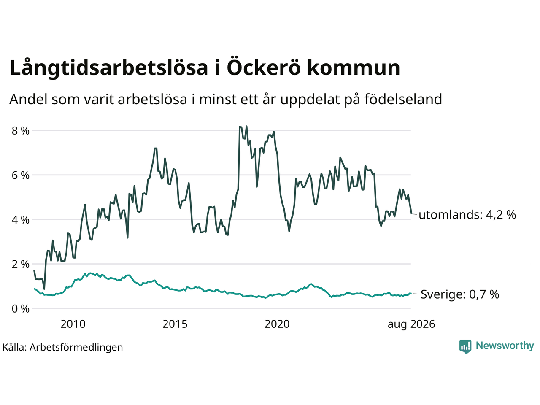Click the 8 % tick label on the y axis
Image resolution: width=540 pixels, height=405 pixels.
pos(20,131)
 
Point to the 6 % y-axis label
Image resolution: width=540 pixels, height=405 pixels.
pos(20,175)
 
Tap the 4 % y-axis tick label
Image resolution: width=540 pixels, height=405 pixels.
pos(20,220)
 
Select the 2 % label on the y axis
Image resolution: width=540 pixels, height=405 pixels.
pos(20,264)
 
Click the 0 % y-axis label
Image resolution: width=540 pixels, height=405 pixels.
pos(20,309)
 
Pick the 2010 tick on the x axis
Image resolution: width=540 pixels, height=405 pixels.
pos(73,324)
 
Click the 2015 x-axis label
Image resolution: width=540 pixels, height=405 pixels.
pos(175,324)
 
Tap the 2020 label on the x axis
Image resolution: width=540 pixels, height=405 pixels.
pos(277,324)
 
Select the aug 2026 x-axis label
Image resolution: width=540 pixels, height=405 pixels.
pos(411,324)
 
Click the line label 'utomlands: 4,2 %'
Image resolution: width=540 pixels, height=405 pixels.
pos(467,215)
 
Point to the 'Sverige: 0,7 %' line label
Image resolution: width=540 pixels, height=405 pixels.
pos(460,294)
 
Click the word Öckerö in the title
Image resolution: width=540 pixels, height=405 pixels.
pos(264,67)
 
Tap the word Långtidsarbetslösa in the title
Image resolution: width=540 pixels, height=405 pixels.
pos(109,67)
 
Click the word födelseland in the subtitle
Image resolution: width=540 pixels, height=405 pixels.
pos(403,99)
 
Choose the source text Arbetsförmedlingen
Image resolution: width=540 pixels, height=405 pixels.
pos(76,348)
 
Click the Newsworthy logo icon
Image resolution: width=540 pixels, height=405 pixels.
pos(465,347)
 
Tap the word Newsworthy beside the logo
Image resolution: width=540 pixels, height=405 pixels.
pos(505,346)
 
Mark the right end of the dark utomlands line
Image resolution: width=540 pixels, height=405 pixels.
pos(411,213)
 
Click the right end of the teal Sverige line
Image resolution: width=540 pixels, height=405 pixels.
pos(411,293)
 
